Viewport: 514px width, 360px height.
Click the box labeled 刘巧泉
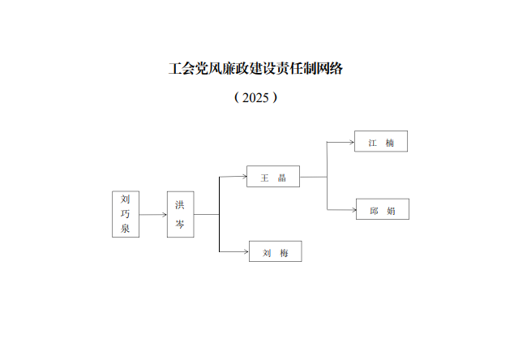(x=126, y=214)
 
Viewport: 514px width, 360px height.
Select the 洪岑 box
(x=180, y=214)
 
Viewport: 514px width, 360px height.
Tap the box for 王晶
(x=273, y=177)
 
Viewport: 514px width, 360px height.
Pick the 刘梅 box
(x=275, y=252)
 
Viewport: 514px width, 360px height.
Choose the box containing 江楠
(x=380, y=142)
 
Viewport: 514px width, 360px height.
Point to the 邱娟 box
(x=382, y=209)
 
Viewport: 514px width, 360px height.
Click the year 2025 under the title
(x=255, y=97)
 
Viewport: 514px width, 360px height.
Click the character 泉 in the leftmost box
(x=126, y=229)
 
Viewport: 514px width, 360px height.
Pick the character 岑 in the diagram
(x=180, y=225)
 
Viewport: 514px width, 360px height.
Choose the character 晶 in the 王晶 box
(x=282, y=177)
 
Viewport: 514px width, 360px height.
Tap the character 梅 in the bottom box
(x=284, y=252)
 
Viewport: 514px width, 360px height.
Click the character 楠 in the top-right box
(x=390, y=142)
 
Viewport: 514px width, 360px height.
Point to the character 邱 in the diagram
(x=374, y=209)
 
